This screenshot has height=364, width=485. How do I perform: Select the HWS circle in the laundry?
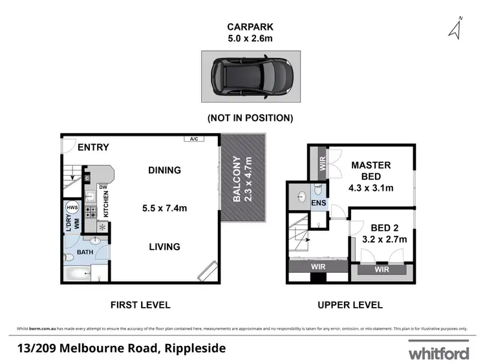pyautogui.click(x=72, y=208)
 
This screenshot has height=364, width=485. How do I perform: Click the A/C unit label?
pyautogui.click(x=193, y=139)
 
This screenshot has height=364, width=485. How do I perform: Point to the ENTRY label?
pyautogui.click(x=93, y=147)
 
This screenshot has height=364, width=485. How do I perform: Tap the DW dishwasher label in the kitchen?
pyautogui.click(x=102, y=187)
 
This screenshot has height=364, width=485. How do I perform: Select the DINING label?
pyautogui.click(x=164, y=171)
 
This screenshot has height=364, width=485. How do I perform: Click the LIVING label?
pyautogui.click(x=164, y=246)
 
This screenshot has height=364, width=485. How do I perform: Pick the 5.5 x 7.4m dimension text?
pyautogui.click(x=164, y=208)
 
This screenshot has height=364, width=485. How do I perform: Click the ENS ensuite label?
pyautogui.click(x=318, y=203)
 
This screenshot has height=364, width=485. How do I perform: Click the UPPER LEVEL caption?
pyautogui.click(x=350, y=305)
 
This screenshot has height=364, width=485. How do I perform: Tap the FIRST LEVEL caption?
pyautogui.click(x=140, y=305)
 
